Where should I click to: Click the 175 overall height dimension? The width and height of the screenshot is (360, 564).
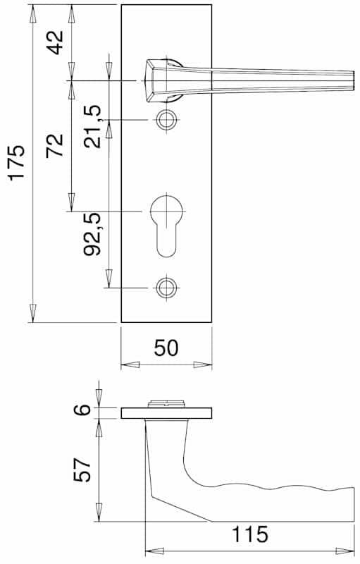click(17, 162)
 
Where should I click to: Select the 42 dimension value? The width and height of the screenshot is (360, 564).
click(56, 42)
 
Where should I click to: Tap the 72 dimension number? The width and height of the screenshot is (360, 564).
click(55, 145)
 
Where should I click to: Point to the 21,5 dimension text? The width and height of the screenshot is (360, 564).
click(92, 127)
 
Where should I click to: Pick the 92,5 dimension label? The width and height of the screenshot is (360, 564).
click(92, 234)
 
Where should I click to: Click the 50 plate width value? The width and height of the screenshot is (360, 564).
click(166, 348)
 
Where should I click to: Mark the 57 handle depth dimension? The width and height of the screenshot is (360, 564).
click(82, 470)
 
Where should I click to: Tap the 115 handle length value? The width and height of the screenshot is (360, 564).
click(250, 534)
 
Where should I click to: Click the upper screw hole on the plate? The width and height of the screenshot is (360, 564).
click(166, 119)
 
